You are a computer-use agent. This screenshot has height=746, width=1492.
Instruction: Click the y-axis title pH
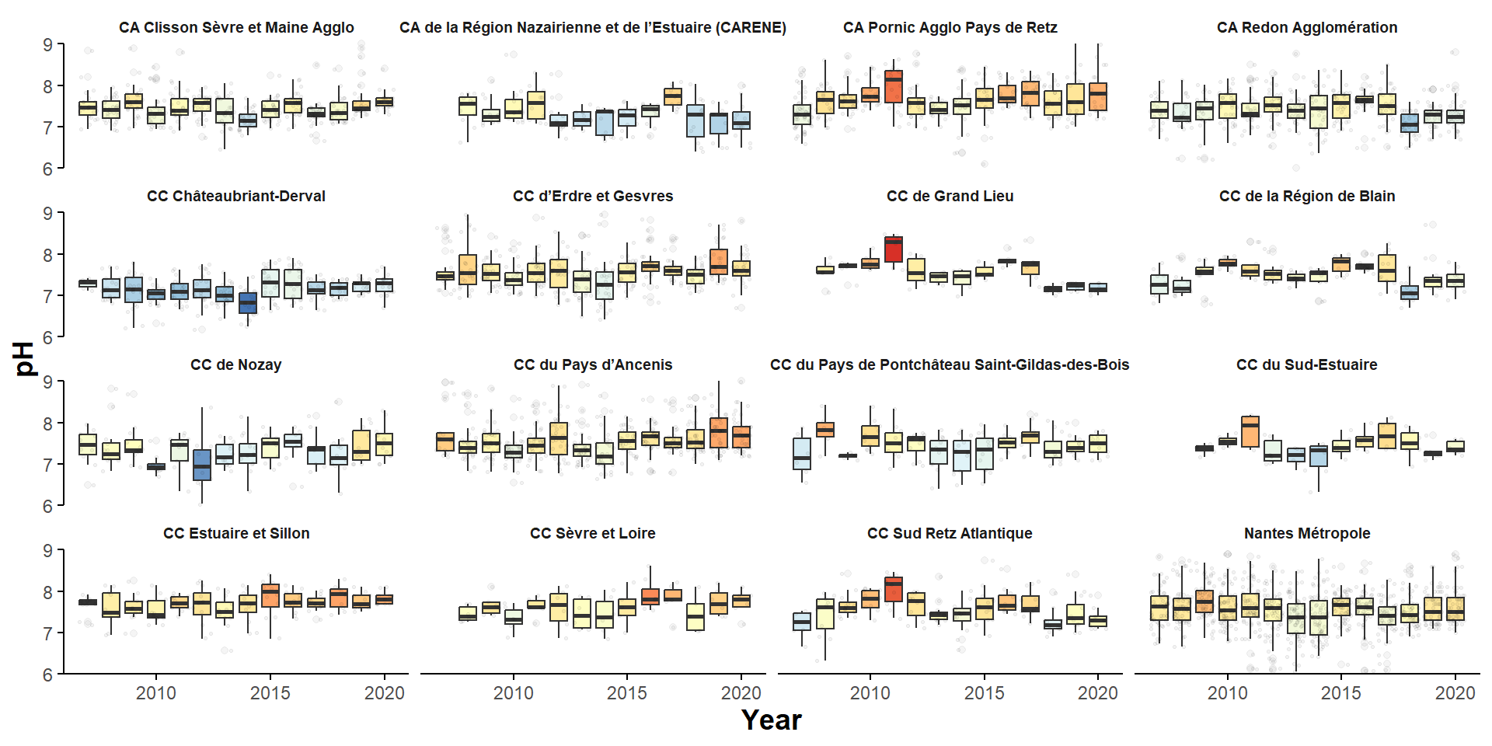point(26,358)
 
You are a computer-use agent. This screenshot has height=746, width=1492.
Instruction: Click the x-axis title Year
point(771,720)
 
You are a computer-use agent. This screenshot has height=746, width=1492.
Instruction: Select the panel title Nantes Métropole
point(1306,533)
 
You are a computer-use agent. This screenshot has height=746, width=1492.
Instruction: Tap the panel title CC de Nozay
point(235,364)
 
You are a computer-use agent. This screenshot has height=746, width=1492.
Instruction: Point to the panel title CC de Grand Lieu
point(950,196)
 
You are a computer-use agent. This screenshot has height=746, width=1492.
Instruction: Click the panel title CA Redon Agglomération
point(1306,27)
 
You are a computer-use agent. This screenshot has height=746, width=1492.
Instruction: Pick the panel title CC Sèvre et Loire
point(592,533)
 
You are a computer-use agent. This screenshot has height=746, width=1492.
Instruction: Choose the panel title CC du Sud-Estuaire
point(1306,364)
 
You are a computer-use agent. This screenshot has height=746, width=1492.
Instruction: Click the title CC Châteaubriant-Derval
point(235,196)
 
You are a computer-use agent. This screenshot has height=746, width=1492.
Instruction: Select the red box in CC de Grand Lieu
point(894,249)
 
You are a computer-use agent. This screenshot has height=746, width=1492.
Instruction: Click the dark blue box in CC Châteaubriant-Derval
point(248,303)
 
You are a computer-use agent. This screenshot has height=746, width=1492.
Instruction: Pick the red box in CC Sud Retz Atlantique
point(894,589)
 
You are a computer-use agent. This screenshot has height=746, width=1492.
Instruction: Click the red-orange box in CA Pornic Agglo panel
point(894,87)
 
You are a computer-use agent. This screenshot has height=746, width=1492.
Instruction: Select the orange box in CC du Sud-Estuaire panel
point(1250,431)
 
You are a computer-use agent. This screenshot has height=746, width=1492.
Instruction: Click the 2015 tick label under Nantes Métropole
point(1340,693)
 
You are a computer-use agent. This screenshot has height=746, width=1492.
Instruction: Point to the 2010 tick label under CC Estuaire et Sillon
point(156,693)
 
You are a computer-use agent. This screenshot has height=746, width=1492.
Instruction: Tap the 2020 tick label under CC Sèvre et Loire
point(741,693)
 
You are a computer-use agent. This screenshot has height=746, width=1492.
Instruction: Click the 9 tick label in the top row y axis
point(48,45)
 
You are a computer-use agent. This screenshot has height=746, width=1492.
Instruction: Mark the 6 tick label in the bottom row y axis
point(48,675)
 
